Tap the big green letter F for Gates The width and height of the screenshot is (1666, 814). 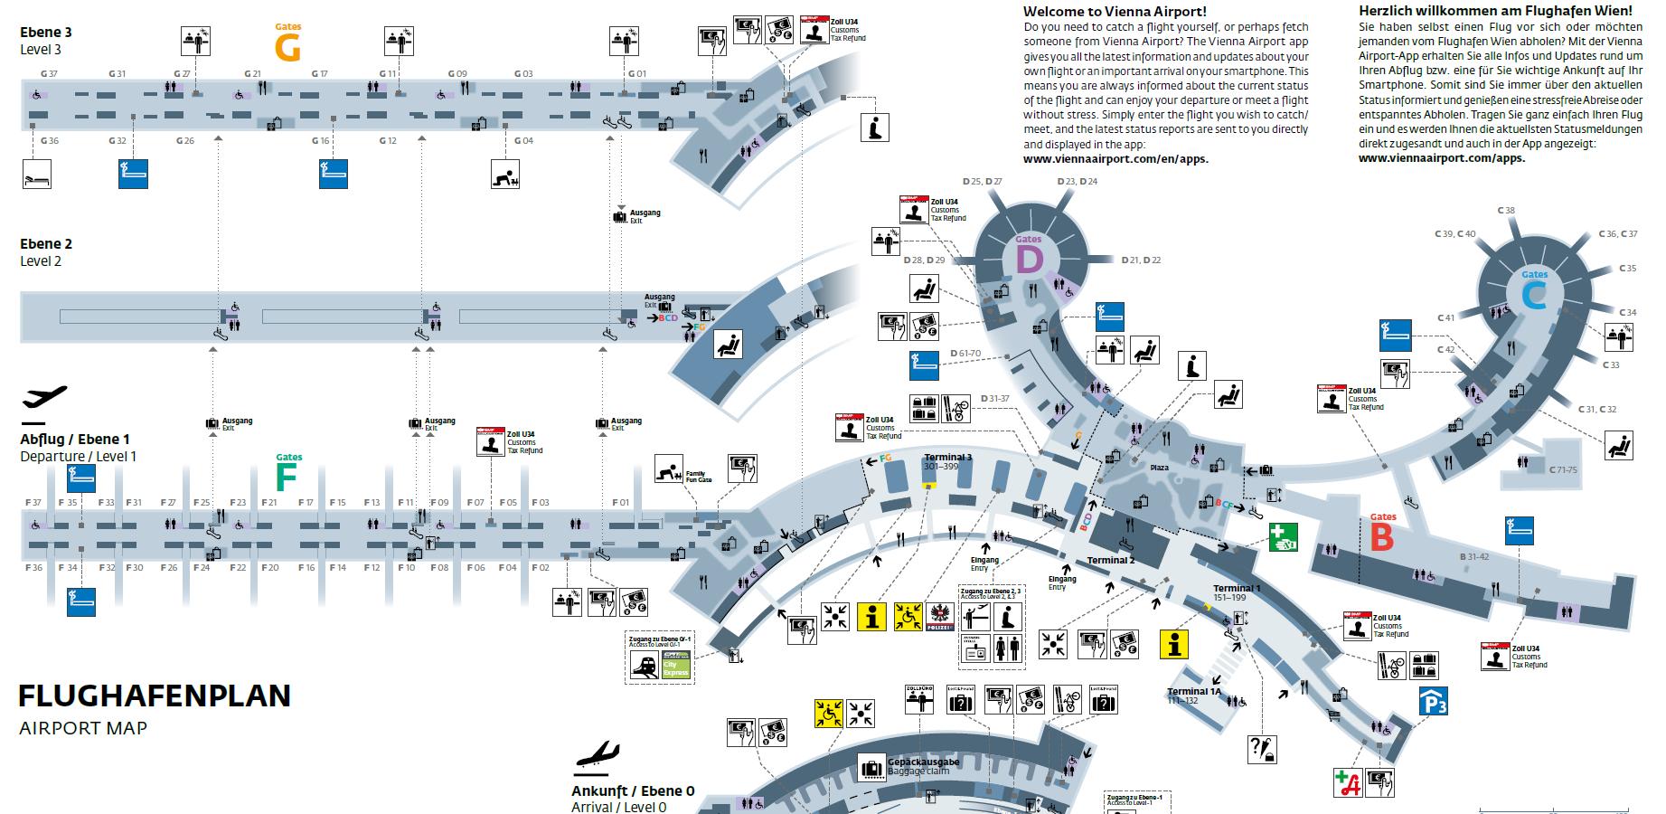click(287, 477)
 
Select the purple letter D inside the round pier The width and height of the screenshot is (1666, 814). click(1029, 261)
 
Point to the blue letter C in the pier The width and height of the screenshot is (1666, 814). click(1534, 296)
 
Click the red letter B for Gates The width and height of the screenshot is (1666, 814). click(1382, 538)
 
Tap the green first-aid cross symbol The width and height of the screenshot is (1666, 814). click(1284, 537)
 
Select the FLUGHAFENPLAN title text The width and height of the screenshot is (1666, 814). click(155, 696)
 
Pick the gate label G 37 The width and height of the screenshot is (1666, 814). click(49, 74)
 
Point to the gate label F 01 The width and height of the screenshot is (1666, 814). click(620, 503)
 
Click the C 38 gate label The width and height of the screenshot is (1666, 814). click(1505, 211)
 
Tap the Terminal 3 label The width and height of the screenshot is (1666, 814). click(947, 458)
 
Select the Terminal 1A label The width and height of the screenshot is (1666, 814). click(1193, 692)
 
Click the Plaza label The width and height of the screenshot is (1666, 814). click(1159, 468)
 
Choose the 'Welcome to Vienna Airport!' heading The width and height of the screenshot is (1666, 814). click(1114, 12)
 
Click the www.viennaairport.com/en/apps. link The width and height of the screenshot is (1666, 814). click(1115, 158)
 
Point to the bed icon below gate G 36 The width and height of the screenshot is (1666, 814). click(37, 175)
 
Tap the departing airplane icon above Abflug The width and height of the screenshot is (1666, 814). click(44, 397)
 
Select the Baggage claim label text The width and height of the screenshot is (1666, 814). click(918, 772)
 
